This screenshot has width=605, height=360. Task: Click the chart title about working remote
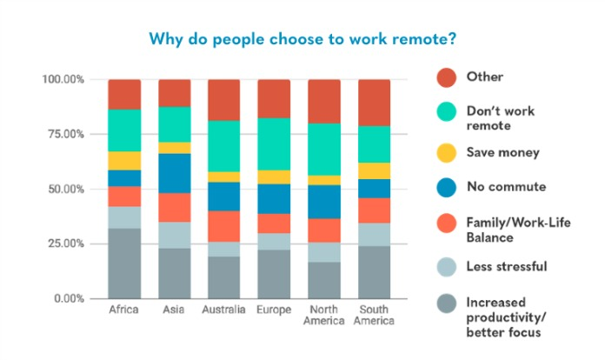pos(302,39)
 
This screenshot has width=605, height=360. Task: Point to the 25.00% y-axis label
pos(65,243)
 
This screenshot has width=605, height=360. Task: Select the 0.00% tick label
pos(69,298)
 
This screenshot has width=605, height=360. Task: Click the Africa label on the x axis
pos(123,310)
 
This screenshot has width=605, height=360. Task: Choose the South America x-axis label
pos(374,315)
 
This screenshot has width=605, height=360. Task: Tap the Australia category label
pos(223,310)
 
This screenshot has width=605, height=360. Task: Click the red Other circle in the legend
pos(447,77)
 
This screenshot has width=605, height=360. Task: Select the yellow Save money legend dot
pos(447,153)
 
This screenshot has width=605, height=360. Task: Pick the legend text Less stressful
pos(507,266)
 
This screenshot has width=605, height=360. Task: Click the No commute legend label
pos(506,187)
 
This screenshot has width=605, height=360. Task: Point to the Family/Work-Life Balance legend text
pos(518,230)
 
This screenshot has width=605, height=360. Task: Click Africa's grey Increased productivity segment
pos(124,263)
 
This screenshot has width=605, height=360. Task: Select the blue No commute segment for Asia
pos(175,173)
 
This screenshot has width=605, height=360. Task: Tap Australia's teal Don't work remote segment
pos(223,146)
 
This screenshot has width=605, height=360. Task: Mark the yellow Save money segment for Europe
pos(274,177)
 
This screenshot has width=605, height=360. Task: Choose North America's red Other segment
pos(324,102)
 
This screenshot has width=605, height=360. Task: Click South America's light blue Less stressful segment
pos(375,235)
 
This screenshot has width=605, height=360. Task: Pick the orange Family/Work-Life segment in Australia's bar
pos(223,226)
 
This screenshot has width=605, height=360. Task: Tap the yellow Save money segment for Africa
pos(124,161)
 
